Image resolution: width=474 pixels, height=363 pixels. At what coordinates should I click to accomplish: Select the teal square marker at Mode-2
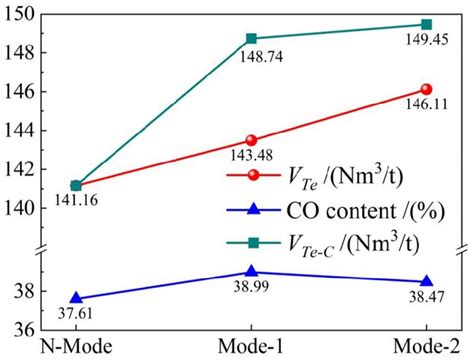(427, 24)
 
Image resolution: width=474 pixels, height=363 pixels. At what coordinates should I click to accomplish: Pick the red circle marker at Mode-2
(427, 89)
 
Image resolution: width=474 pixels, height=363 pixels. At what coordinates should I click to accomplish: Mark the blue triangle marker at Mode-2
(427, 281)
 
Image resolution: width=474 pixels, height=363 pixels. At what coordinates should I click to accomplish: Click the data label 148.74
(263, 56)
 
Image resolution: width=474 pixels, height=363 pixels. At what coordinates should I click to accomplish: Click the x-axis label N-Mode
(75, 347)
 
